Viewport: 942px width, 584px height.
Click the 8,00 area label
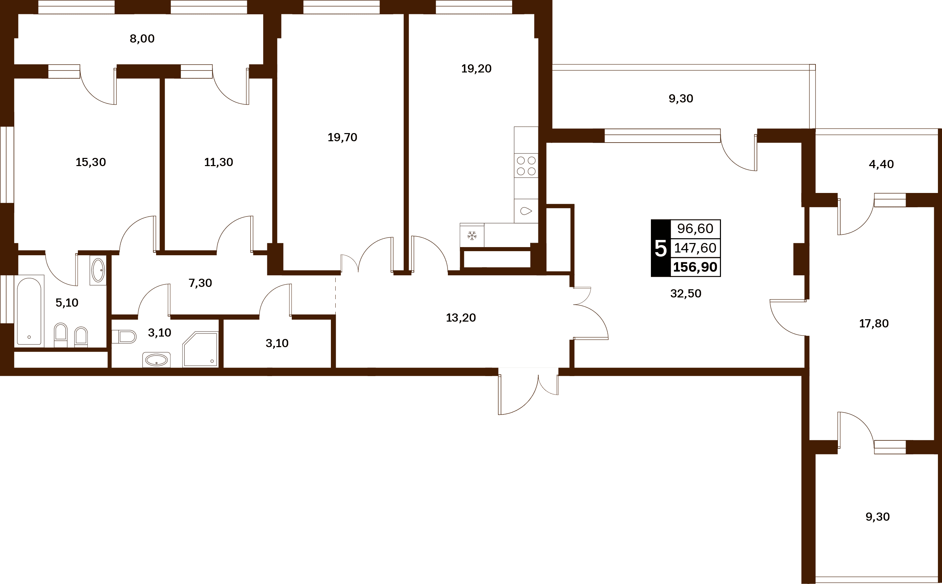click(142, 38)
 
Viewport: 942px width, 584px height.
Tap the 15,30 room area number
click(91, 162)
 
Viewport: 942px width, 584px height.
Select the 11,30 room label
click(218, 162)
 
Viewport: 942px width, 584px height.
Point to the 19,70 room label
click(342, 137)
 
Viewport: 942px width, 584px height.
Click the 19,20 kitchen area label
click(476, 69)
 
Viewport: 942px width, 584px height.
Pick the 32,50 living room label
click(686, 294)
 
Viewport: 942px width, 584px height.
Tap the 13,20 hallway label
click(461, 318)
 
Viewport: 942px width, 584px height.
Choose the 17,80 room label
click(874, 324)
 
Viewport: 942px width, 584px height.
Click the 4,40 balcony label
click(881, 164)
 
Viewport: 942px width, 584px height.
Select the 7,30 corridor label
click(200, 283)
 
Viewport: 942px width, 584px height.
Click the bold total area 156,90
click(695, 267)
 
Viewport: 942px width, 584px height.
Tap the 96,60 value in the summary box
click(695, 229)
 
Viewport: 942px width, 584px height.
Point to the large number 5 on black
click(661, 248)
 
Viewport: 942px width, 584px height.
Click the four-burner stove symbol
click(526, 166)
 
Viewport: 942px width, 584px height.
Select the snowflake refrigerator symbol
click(472, 236)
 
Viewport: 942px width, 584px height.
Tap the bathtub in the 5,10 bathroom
click(29, 311)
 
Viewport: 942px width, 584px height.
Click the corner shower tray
click(200, 349)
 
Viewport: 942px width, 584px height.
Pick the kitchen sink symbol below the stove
click(526, 211)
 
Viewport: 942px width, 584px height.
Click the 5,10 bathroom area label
click(67, 303)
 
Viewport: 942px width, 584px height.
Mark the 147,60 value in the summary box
click(695, 248)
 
